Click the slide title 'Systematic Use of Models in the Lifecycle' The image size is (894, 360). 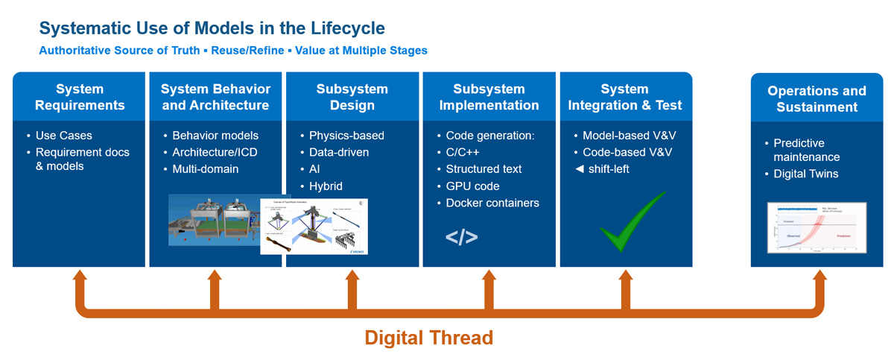click(x=212, y=28)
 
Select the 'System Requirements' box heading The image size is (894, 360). click(x=79, y=97)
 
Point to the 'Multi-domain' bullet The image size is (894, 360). click(x=205, y=169)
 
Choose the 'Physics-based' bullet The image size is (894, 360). click(x=346, y=136)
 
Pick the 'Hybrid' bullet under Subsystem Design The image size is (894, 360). click(x=326, y=186)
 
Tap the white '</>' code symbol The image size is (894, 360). click(x=462, y=238)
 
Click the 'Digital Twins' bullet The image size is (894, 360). click(x=805, y=174)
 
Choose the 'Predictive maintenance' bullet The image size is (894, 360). click(x=805, y=150)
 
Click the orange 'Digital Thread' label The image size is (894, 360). click(x=428, y=338)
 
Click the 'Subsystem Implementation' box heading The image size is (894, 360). click(x=489, y=97)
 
